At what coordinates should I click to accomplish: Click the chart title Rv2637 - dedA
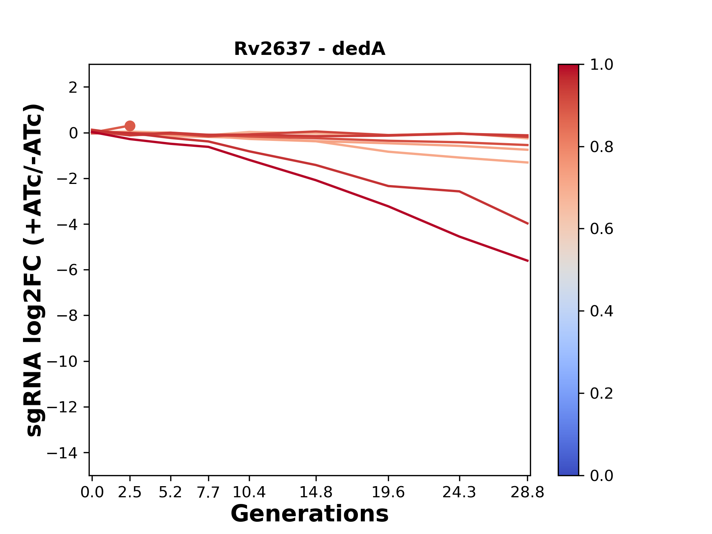coord(310,49)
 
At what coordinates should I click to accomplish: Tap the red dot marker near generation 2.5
coord(130,126)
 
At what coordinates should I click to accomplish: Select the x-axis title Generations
coord(310,514)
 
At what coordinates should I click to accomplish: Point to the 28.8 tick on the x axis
coord(527,492)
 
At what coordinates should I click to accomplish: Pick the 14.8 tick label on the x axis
coord(316,492)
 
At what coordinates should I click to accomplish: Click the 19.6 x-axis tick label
coord(388,492)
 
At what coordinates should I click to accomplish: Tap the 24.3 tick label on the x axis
coord(459,492)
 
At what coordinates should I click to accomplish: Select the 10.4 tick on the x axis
coord(249,492)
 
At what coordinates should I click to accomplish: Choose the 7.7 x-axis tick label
coord(208,492)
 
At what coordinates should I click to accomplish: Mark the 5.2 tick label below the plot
coord(170,492)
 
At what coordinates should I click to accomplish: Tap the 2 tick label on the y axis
coord(73,88)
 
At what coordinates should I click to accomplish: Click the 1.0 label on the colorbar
coord(601,65)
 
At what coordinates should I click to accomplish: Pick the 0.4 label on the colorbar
coord(601,311)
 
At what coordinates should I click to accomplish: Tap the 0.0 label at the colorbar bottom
coord(601,475)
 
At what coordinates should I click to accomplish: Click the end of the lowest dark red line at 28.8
coord(527,261)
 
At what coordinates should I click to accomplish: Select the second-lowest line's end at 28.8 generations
coord(527,223)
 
